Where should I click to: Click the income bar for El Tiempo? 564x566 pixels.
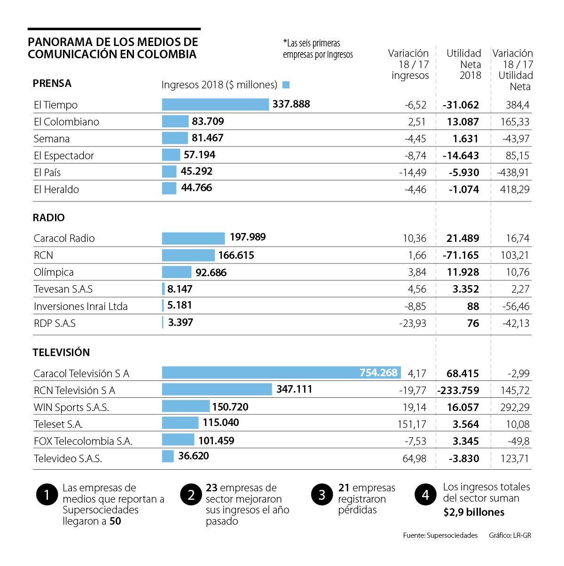click(x=215, y=104)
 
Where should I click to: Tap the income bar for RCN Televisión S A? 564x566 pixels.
click(x=217, y=389)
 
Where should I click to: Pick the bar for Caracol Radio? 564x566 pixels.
click(x=193, y=238)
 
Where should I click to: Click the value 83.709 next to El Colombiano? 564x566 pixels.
click(x=208, y=121)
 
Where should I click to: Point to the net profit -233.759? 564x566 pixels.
click(x=458, y=390)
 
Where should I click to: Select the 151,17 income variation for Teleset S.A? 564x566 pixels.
click(x=412, y=424)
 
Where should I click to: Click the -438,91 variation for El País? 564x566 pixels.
click(x=513, y=172)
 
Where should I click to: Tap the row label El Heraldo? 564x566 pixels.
click(x=56, y=189)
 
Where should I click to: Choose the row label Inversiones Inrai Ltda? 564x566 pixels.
click(x=81, y=306)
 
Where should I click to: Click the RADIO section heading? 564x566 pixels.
click(x=49, y=217)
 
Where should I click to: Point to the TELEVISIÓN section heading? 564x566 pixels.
click(x=61, y=352)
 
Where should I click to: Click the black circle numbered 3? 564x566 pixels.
click(x=322, y=495)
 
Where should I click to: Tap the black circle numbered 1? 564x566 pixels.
click(x=47, y=495)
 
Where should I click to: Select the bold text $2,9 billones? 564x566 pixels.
click(x=474, y=512)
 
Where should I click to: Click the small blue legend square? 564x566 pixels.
click(x=286, y=85)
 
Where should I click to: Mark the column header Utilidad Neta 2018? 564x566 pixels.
click(x=464, y=64)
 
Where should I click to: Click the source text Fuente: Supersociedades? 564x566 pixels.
click(x=440, y=535)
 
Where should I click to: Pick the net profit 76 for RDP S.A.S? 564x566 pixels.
click(x=473, y=323)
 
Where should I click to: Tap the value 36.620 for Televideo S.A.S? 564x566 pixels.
click(x=194, y=456)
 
